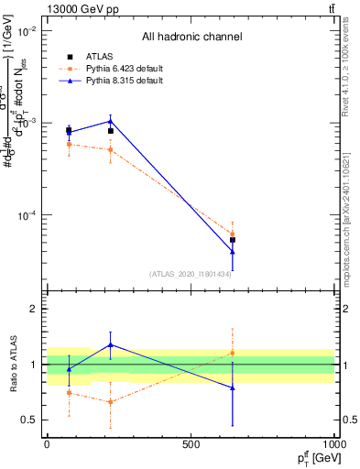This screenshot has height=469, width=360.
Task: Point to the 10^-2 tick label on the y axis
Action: click(26, 30)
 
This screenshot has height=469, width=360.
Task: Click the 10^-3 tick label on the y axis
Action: click(26, 123)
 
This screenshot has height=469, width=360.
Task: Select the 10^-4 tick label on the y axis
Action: click(26, 215)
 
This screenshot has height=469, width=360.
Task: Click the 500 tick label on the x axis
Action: click(191, 444)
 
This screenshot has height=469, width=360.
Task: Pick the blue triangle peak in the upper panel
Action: click(111, 121)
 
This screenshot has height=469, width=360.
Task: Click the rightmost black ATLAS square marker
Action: click(233, 240)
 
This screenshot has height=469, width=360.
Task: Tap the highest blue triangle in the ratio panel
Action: click(111, 345)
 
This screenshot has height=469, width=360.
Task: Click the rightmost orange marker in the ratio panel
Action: click(233, 353)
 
